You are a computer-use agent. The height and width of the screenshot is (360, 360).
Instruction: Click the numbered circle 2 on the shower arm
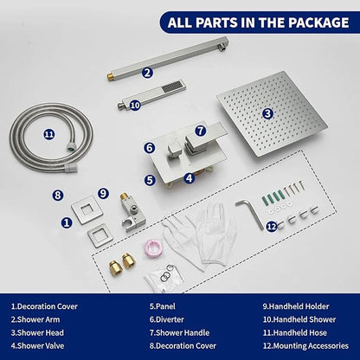[147, 73]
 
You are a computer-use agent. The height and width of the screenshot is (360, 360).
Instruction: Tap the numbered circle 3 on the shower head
[267, 113]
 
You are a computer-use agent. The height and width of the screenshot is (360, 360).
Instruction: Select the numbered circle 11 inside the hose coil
[49, 134]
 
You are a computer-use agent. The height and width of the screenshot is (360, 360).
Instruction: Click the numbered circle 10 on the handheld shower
[135, 106]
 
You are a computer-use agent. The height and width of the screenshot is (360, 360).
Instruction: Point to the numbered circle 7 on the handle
[201, 131]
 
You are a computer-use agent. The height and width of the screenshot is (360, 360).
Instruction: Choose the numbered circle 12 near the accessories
[272, 227]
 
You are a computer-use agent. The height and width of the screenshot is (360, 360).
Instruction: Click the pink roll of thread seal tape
[152, 247]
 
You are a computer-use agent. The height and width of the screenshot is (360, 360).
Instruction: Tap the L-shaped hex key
[250, 214]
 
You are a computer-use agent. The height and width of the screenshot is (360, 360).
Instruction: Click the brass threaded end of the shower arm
[110, 77]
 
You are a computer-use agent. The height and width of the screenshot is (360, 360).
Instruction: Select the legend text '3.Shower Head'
[37, 332]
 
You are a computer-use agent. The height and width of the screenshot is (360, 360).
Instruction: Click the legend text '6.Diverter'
[166, 319]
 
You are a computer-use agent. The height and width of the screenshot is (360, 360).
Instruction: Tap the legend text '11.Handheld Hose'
[294, 332]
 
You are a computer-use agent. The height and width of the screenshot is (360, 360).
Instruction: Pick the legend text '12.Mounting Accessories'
[305, 345]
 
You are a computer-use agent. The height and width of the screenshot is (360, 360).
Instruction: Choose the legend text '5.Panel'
[162, 306]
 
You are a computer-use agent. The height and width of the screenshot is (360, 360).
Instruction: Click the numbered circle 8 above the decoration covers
[58, 196]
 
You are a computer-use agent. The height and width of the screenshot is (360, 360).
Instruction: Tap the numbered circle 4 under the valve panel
[189, 178]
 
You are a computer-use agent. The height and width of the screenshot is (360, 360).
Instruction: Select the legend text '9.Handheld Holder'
[296, 306]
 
